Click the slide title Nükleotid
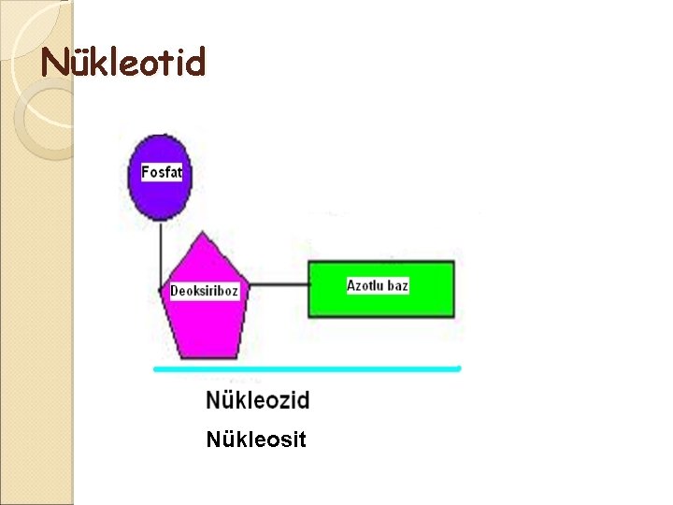[122, 63]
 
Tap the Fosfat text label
[161, 172]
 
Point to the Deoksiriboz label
[204, 291]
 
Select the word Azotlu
[366, 285]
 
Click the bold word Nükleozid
[257, 401]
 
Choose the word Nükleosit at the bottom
[255, 439]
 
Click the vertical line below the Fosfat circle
[161, 251]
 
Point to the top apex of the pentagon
[208, 234]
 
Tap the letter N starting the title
[53, 64]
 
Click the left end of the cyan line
[156, 369]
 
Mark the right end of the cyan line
[458, 368]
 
